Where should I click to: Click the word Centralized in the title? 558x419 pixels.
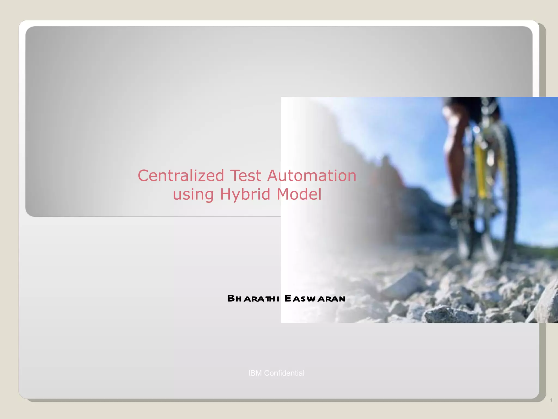(x=181, y=175)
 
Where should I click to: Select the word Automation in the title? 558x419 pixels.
(x=312, y=175)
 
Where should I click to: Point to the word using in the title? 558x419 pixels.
(x=193, y=195)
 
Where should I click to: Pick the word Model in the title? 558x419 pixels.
(x=299, y=194)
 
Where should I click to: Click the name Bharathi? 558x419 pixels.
(x=253, y=298)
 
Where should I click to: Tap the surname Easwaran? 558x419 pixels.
(x=315, y=298)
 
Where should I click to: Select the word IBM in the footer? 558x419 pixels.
(x=255, y=373)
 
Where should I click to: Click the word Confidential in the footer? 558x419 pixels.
(x=284, y=373)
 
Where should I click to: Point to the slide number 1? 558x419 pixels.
(x=551, y=400)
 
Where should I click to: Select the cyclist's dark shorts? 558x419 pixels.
(x=463, y=105)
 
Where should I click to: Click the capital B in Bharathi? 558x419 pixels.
(x=231, y=298)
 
